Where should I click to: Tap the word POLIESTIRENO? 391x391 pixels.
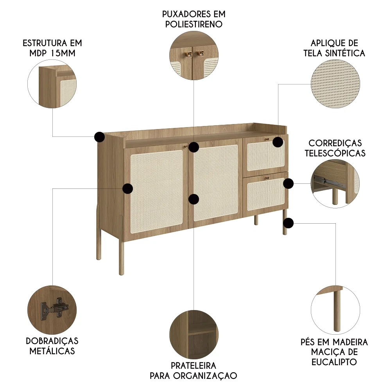pyautogui.click(x=194, y=24)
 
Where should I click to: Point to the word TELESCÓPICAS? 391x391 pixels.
pyautogui.click(x=335, y=153)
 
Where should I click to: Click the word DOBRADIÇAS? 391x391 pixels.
pyautogui.click(x=52, y=341)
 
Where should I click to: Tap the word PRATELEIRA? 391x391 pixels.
pyautogui.click(x=194, y=366)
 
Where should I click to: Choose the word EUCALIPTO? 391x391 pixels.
pyautogui.click(x=334, y=362)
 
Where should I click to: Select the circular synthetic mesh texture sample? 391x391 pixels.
pyautogui.click(x=335, y=84)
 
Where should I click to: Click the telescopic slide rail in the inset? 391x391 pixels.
pyautogui.click(x=324, y=181)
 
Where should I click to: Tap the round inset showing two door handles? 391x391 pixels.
pyautogui.click(x=194, y=56)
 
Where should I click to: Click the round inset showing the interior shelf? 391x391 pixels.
pyautogui.click(x=194, y=335)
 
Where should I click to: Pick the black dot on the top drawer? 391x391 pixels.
pyautogui.click(x=278, y=142)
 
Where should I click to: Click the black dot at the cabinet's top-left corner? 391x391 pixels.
pyautogui.click(x=99, y=137)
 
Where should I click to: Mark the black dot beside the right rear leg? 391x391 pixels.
pyautogui.click(x=289, y=223)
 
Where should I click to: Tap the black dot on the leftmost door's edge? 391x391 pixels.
pyautogui.click(x=128, y=188)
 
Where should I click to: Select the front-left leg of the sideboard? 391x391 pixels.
pyautogui.click(x=122, y=258)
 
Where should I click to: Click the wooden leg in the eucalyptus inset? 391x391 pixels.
pyautogui.click(x=337, y=311)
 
